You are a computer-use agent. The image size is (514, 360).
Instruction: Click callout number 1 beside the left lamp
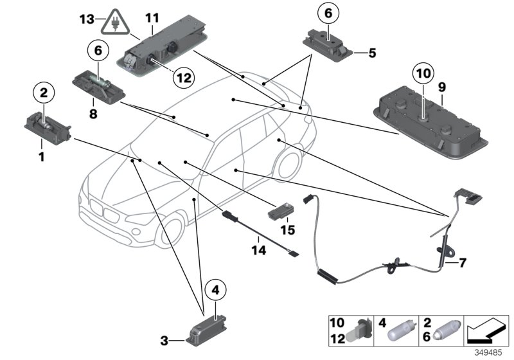(x=40, y=156)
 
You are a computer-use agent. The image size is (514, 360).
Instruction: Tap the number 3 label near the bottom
(x=164, y=339)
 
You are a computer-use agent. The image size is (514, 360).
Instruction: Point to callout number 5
(x=371, y=53)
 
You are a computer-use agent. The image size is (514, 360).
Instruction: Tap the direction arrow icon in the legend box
(x=486, y=330)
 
